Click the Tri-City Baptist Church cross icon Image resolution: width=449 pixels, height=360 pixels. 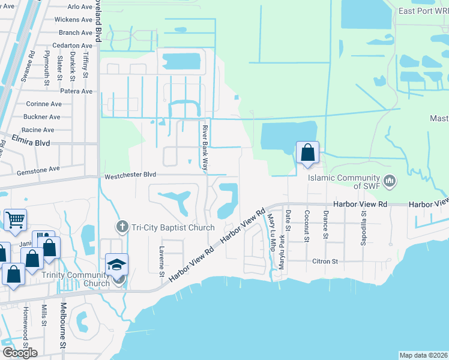pyautogui.click(x=121, y=227)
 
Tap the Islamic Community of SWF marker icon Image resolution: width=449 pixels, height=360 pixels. pyautogui.click(x=390, y=179)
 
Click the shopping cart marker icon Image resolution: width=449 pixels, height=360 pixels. pyautogui.click(x=15, y=219)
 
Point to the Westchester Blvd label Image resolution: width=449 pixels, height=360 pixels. pyautogui.click(x=130, y=176)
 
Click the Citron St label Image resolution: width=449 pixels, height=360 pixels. pyautogui.click(x=325, y=262)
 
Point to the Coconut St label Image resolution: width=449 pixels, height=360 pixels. pyautogui.click(x=306, y=225)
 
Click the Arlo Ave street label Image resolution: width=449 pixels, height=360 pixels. pyautogui.click(x=80, y=7)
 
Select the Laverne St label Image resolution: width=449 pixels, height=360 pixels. pyautogui.click(x=161, y=262)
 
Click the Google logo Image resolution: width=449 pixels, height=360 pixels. pyautogui.click(x=20, y=352)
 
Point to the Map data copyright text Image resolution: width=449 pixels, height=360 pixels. pyautogui.click(x=424, y=355)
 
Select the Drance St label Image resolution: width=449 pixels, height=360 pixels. pyautogui.click(x=325, y=224)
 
